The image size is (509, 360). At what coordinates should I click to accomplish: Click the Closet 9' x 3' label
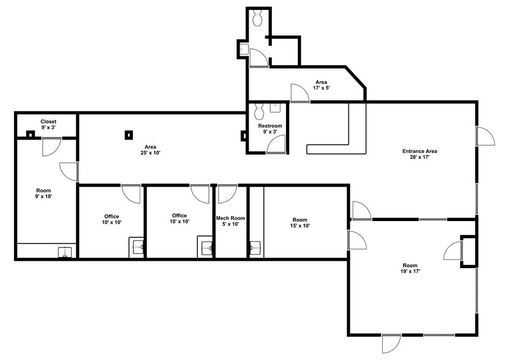[x=48, y=124]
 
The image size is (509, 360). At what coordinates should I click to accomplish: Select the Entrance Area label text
[x=419, y=154]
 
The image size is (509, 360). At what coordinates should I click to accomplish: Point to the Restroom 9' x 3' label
[x=269, y=130]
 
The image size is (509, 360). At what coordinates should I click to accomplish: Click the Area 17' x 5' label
[x=322, y=85]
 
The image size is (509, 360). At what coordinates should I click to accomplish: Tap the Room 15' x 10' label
[x=300, y=223]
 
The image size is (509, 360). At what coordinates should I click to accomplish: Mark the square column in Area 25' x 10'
[x=129, y=135]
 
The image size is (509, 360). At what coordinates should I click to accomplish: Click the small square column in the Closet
[x=29, y=134]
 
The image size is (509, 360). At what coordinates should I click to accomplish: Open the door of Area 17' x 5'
[x=300, y=93]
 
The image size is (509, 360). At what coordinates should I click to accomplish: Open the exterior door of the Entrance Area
[x=484, y=136]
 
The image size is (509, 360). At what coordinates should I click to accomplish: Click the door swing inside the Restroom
[x=277, y=144]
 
